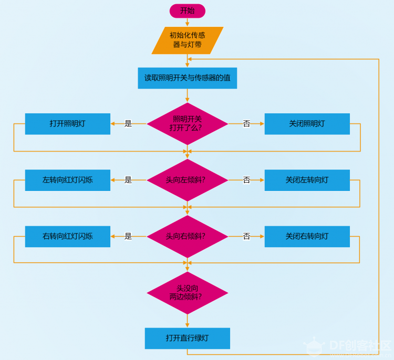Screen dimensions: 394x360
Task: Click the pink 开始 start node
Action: coord(187,11)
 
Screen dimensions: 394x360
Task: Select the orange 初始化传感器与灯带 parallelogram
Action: coord(187,40)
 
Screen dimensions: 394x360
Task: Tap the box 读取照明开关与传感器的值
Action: coord(187,78)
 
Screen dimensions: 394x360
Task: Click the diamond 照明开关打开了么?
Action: coord(187,124)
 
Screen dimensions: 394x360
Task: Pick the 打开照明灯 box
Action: coord(68,124)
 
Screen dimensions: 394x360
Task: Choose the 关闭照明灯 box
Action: coord(307,124)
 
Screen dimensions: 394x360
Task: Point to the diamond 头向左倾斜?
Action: coord(187,180)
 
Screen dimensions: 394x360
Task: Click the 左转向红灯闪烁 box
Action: coord(68,180)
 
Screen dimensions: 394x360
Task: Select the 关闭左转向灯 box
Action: coord(307,180)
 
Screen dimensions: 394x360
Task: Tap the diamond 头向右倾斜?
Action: coord(187,237)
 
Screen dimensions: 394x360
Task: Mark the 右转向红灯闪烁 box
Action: coord(68,237)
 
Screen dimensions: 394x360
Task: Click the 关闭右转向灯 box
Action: coord(307,237)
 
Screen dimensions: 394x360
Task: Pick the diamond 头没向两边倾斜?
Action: coord(187,293)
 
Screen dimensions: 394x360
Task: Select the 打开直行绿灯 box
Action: coord(187,338)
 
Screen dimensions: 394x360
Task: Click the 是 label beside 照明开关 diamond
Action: coord(128,123)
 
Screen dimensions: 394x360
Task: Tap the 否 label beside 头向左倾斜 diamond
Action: coord(246,180)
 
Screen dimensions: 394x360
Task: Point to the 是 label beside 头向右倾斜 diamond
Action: coord(128,236)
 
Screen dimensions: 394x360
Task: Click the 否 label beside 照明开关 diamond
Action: coord(246,123)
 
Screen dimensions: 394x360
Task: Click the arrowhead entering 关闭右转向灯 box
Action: coord(262,237)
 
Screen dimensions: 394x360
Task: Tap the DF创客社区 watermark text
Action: coord(360,346)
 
